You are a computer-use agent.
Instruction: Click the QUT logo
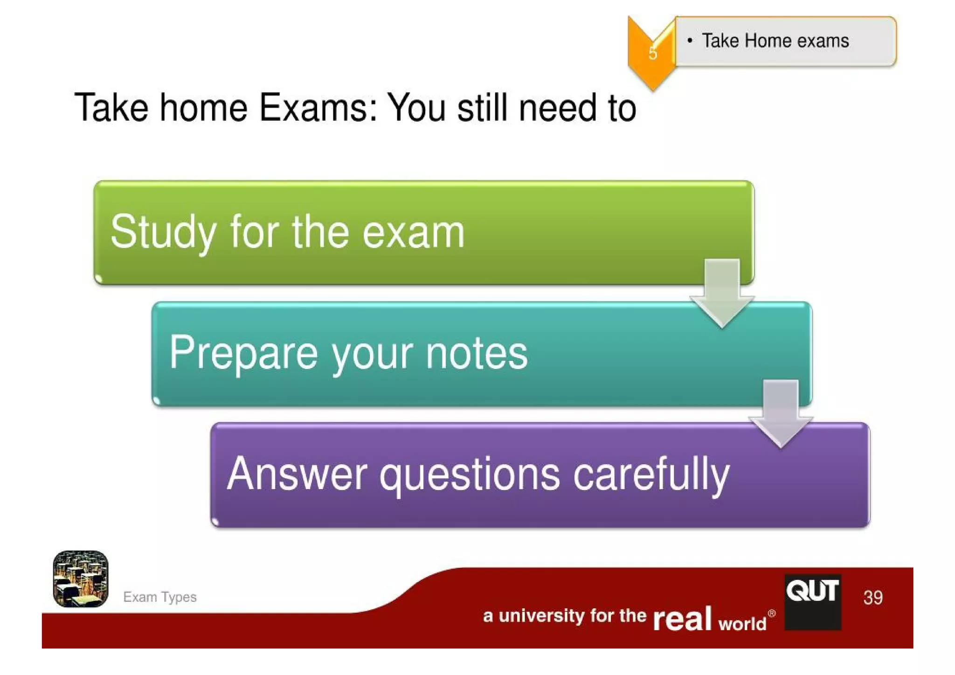click(x=813, y=601)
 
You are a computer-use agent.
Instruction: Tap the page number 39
click(x=872, y=598)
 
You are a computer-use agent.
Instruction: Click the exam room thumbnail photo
click(x=81, y=579)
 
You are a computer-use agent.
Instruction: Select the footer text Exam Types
click(x=159, y=597)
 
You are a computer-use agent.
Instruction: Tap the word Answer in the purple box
click(x=297, y=474)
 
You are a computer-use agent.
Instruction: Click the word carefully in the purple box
click(x=651, y=475)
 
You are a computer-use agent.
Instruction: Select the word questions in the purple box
click(x=469, y=475)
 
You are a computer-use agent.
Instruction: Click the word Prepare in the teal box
click(x=243, y=353)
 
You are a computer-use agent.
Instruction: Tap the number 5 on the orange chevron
click(x=653, y=53)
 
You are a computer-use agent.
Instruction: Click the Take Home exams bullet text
click(x=775, y=41)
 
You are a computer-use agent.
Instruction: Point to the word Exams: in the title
click(x=318, y=108)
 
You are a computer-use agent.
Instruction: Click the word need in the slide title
click(x=557, y=108)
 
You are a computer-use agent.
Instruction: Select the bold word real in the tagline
click(x=682, y=619)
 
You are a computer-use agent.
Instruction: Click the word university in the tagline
click(x=541, y=616)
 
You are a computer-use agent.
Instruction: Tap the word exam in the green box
click(x=413, y=232)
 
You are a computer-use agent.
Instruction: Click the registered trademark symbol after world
click(x=772, y=613)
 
